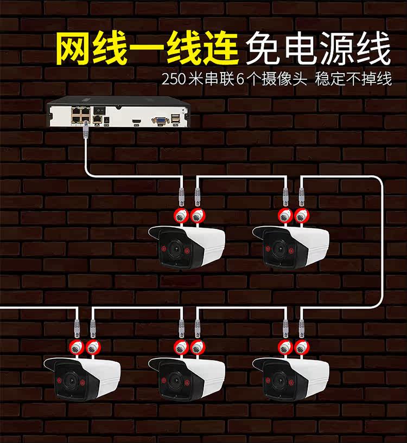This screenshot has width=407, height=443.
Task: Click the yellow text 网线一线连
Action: (147, 49)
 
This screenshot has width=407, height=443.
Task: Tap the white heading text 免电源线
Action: (318, 50)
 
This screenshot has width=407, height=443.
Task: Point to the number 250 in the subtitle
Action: (173, 79)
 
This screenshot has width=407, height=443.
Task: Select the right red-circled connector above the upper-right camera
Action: (302, 215)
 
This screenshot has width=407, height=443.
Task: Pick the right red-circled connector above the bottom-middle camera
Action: (198, 347)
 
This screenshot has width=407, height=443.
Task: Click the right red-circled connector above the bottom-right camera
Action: (302, 347)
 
